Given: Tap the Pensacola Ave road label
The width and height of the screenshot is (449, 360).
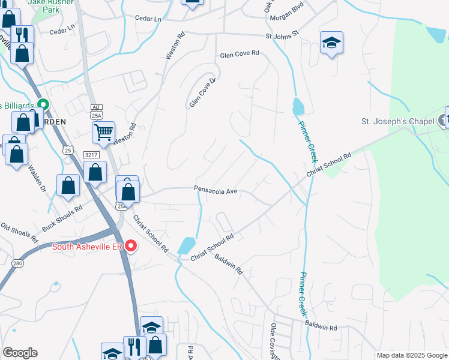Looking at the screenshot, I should tap(216, 191).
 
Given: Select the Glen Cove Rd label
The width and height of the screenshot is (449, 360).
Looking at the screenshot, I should tap(239, 53).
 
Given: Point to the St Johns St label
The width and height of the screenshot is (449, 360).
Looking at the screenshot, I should tap(282, 36).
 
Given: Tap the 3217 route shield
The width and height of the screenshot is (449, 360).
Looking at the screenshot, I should tap(91, 154).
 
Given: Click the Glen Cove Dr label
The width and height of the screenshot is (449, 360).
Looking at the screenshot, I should tap(202, 92).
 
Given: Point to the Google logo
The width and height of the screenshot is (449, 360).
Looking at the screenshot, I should tap(20, 353).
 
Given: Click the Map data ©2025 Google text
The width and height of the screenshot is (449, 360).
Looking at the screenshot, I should tap(411, 355).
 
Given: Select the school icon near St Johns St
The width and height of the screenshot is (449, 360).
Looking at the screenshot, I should tap(331, 43).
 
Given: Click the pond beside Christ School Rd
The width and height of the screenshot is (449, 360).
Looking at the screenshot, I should tap(187, 245).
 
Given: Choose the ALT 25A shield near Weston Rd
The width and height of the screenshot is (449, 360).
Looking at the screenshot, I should tap(97, 111).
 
